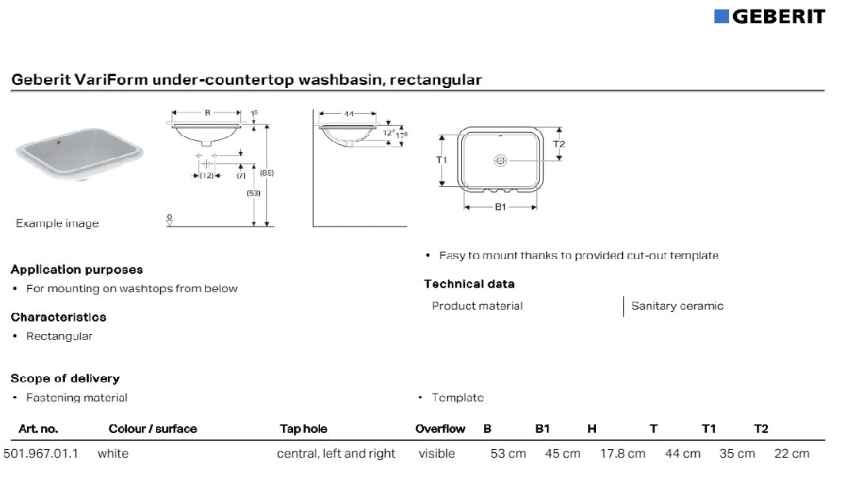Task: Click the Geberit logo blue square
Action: tap(721, 17)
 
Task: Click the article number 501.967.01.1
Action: tap(41, 454)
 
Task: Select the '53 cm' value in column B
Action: tap(508, 454)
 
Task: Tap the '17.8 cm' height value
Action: tap(622, 454)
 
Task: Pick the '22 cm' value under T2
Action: tap(792, 454)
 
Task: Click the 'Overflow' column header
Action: tap(440, 429)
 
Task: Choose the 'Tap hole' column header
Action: tap(303, 429)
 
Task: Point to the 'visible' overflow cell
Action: tap(437, 454)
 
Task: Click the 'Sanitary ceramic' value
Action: tap(677, 306)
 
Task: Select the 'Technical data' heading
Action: tap(469, 284)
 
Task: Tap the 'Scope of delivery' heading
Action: tap(65, 378)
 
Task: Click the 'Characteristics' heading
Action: tap(59, 317)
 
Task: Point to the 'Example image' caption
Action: tap(57, 224)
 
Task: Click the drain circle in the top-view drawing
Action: tap(500, 161)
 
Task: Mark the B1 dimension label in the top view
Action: tap(500, 207)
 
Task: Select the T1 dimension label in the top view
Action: tap(442, 160)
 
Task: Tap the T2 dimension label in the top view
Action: tap(559, 144)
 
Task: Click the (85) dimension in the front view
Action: tap(266, 173)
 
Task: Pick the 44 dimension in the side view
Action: tap(349, 114)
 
